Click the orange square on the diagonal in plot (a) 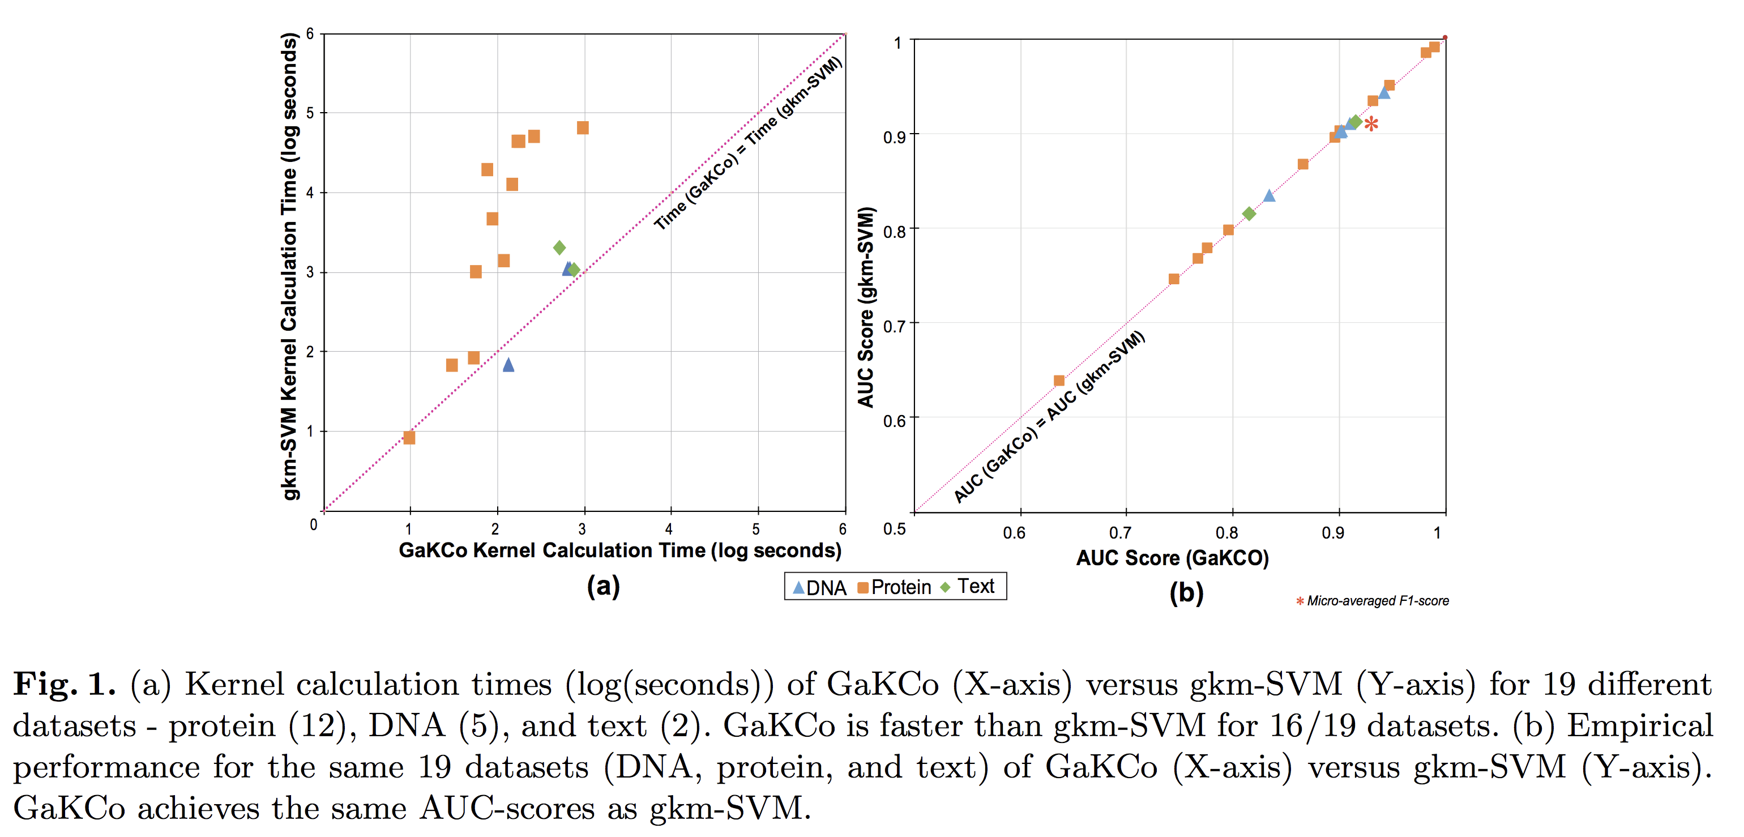tap(409, 437)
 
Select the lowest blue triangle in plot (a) tap(508, 365)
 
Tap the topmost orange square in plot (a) tap(582, 128)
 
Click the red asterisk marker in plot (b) tap(1371, 124)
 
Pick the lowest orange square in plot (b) tap(1059, 381)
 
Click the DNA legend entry tap(819, 587)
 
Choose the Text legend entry tap(968, 587)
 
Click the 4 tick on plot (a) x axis tap(669, 529)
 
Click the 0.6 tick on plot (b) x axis tap(1014, 533)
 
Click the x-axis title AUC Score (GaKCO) tap(1172, 558)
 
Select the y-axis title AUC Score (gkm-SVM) tap(866, 308)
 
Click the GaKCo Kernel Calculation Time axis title tap(619, 550)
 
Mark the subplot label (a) tap(602, 586)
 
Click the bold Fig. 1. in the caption tap(65, 684)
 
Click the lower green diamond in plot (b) tap(1249, 214)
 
